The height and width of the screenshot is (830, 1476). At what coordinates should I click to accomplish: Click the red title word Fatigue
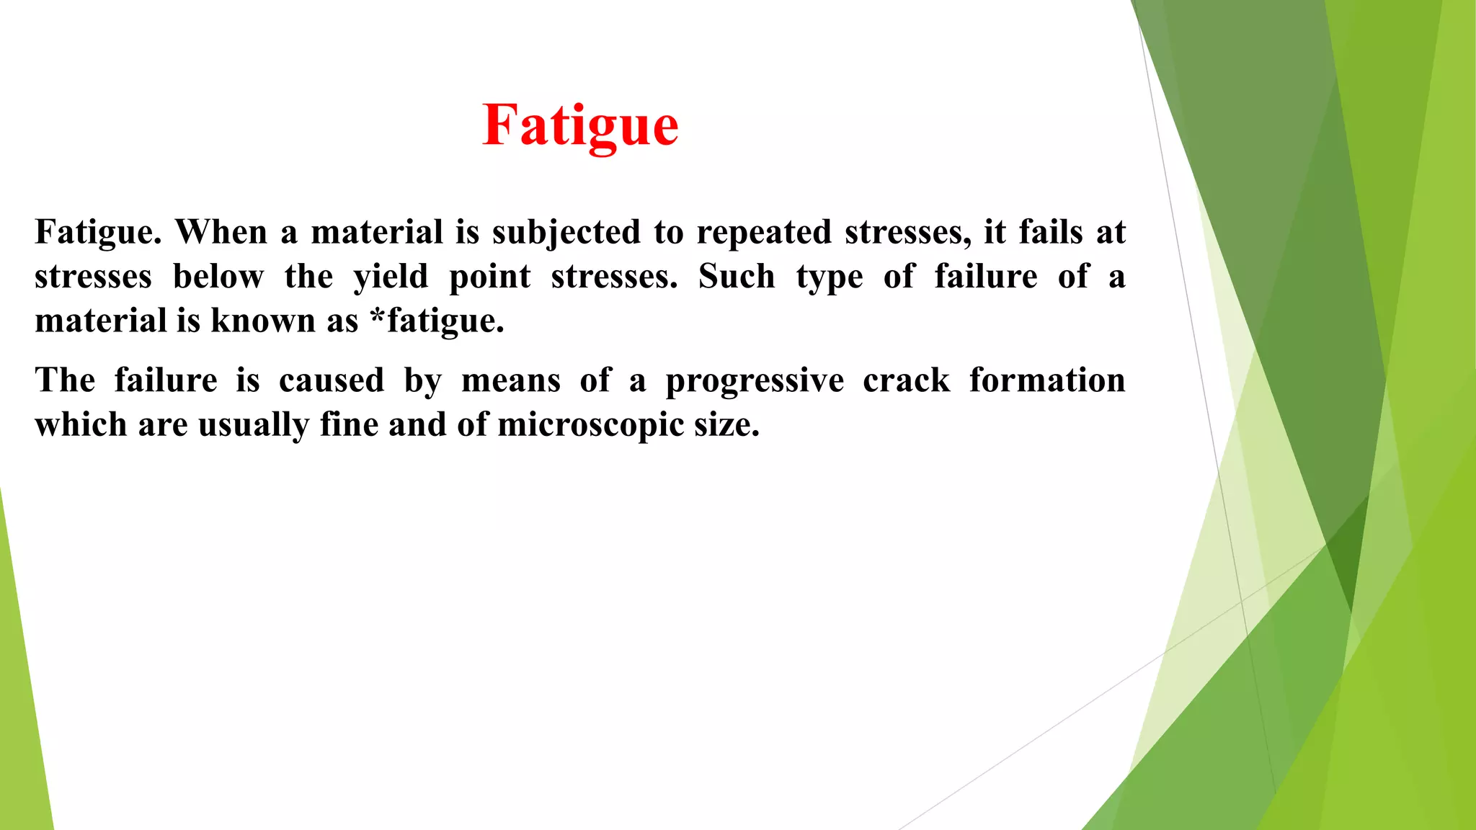tap(580, 125)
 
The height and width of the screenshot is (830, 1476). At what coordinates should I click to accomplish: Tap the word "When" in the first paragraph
tap(221, 232)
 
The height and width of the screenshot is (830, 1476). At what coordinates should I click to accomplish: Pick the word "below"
tap(218, 277)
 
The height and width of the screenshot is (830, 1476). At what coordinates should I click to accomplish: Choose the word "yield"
tap(391, 277)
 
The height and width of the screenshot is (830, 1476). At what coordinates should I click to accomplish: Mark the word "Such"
tap(737, 277)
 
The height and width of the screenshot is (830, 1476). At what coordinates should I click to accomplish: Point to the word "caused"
tap(332, 380)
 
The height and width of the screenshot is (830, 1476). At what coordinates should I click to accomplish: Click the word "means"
tap(511, 381)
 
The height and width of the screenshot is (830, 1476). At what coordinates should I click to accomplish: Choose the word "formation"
tap(1047, 380)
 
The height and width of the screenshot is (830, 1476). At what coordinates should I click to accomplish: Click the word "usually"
tap(253, 425)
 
